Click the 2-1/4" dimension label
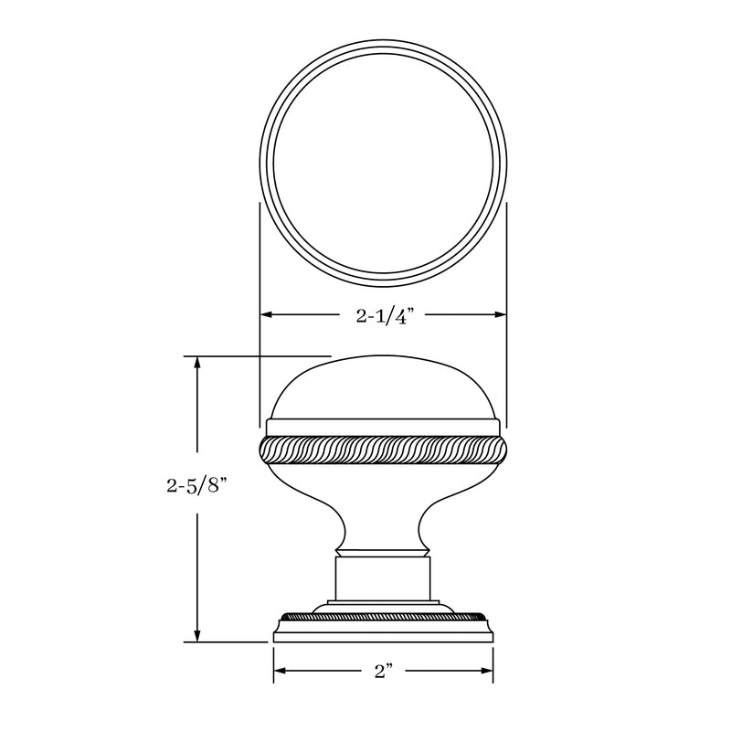coord(385,316)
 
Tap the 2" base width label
coord(384,673)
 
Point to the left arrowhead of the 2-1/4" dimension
coord(267,315)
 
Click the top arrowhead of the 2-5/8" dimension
coord(196,362)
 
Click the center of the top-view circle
coord(384,161)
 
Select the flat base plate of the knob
coord(384,632)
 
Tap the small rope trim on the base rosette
coord(384,615)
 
